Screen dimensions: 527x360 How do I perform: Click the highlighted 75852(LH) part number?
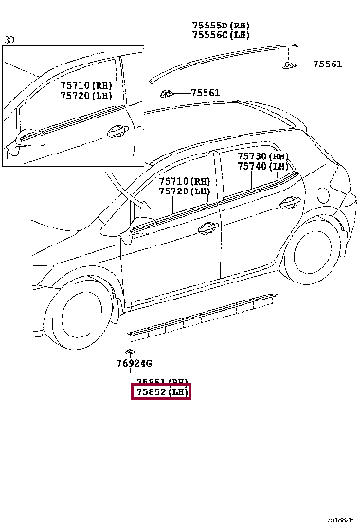coord(161,391)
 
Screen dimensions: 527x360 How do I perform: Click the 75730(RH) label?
coord(262,155)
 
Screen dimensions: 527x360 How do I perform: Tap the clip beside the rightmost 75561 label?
coord(287,64)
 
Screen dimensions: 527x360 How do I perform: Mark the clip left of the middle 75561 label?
coord(167,93)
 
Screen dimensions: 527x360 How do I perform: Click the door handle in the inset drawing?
coord(117,130)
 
